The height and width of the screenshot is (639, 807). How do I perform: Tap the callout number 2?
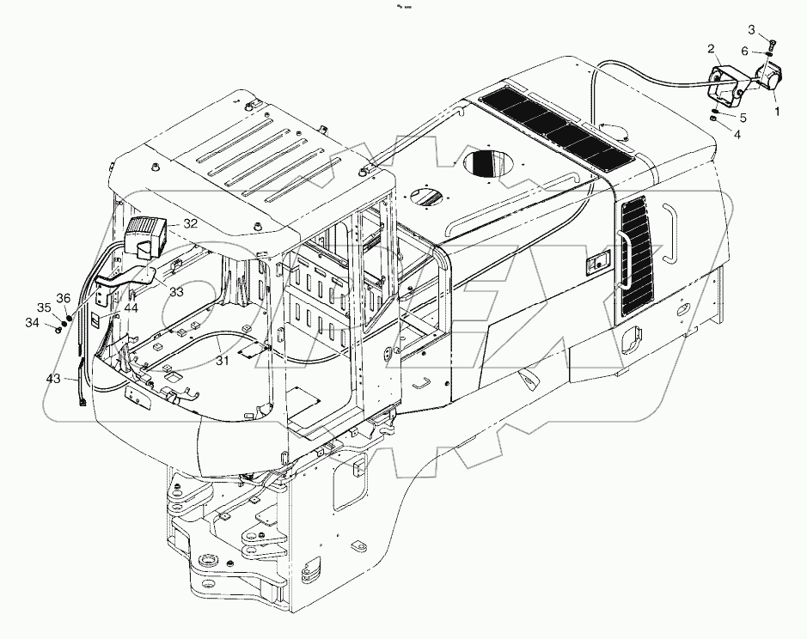[712, 48]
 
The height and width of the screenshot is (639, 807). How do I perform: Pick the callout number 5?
[743, 117]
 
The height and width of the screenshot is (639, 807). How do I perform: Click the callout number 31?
[223, 362]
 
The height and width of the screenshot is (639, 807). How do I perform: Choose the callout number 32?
[191, 223]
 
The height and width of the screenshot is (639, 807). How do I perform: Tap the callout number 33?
[176, 292]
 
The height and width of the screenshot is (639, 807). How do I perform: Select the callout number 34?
[33, 323]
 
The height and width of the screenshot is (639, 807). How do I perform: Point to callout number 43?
[53, 379]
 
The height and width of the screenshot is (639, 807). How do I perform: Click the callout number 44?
[131, 307]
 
